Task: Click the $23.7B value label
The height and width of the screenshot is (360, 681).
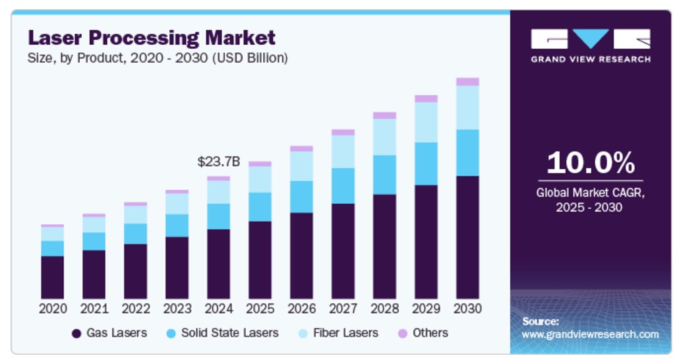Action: click(218, 162)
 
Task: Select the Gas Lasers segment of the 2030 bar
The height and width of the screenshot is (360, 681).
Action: click(467, 237)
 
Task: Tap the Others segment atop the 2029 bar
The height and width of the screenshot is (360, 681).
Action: click(426, 99)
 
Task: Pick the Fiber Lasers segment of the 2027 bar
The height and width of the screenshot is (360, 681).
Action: click(343, 152)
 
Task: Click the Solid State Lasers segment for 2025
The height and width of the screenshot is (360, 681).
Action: click(260, 207)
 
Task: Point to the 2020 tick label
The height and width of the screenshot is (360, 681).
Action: click(52, 309)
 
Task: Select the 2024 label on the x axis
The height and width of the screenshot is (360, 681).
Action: click(218, 309)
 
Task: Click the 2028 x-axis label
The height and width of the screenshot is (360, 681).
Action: click(384, 309)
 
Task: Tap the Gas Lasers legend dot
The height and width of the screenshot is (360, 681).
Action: click(76, 334)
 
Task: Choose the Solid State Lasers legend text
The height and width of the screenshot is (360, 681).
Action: click(229, 333)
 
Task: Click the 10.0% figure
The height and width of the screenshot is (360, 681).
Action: click(590, 163)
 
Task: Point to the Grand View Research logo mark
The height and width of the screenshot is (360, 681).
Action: click(590, 39)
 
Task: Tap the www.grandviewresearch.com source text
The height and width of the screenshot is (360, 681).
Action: click(590, 334)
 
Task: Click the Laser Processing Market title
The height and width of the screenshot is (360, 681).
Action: click(151, 37)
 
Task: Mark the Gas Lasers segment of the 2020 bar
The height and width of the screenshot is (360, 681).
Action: click(52, 277)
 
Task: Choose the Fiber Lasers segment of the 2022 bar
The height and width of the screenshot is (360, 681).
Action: click(135, 215)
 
